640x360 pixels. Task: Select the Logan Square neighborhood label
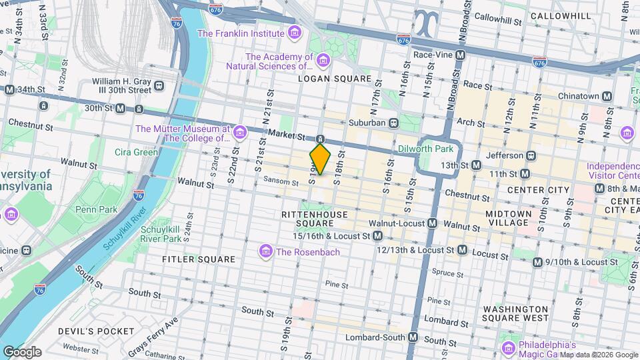335,79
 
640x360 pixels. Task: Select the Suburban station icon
395,123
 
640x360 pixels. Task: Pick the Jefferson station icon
531,155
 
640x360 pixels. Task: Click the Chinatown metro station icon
607,97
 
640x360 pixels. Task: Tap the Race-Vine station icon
456,55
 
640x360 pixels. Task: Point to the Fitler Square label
199,259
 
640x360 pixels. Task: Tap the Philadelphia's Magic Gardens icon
509,347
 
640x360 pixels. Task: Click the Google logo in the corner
22,352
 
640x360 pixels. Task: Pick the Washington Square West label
517,314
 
